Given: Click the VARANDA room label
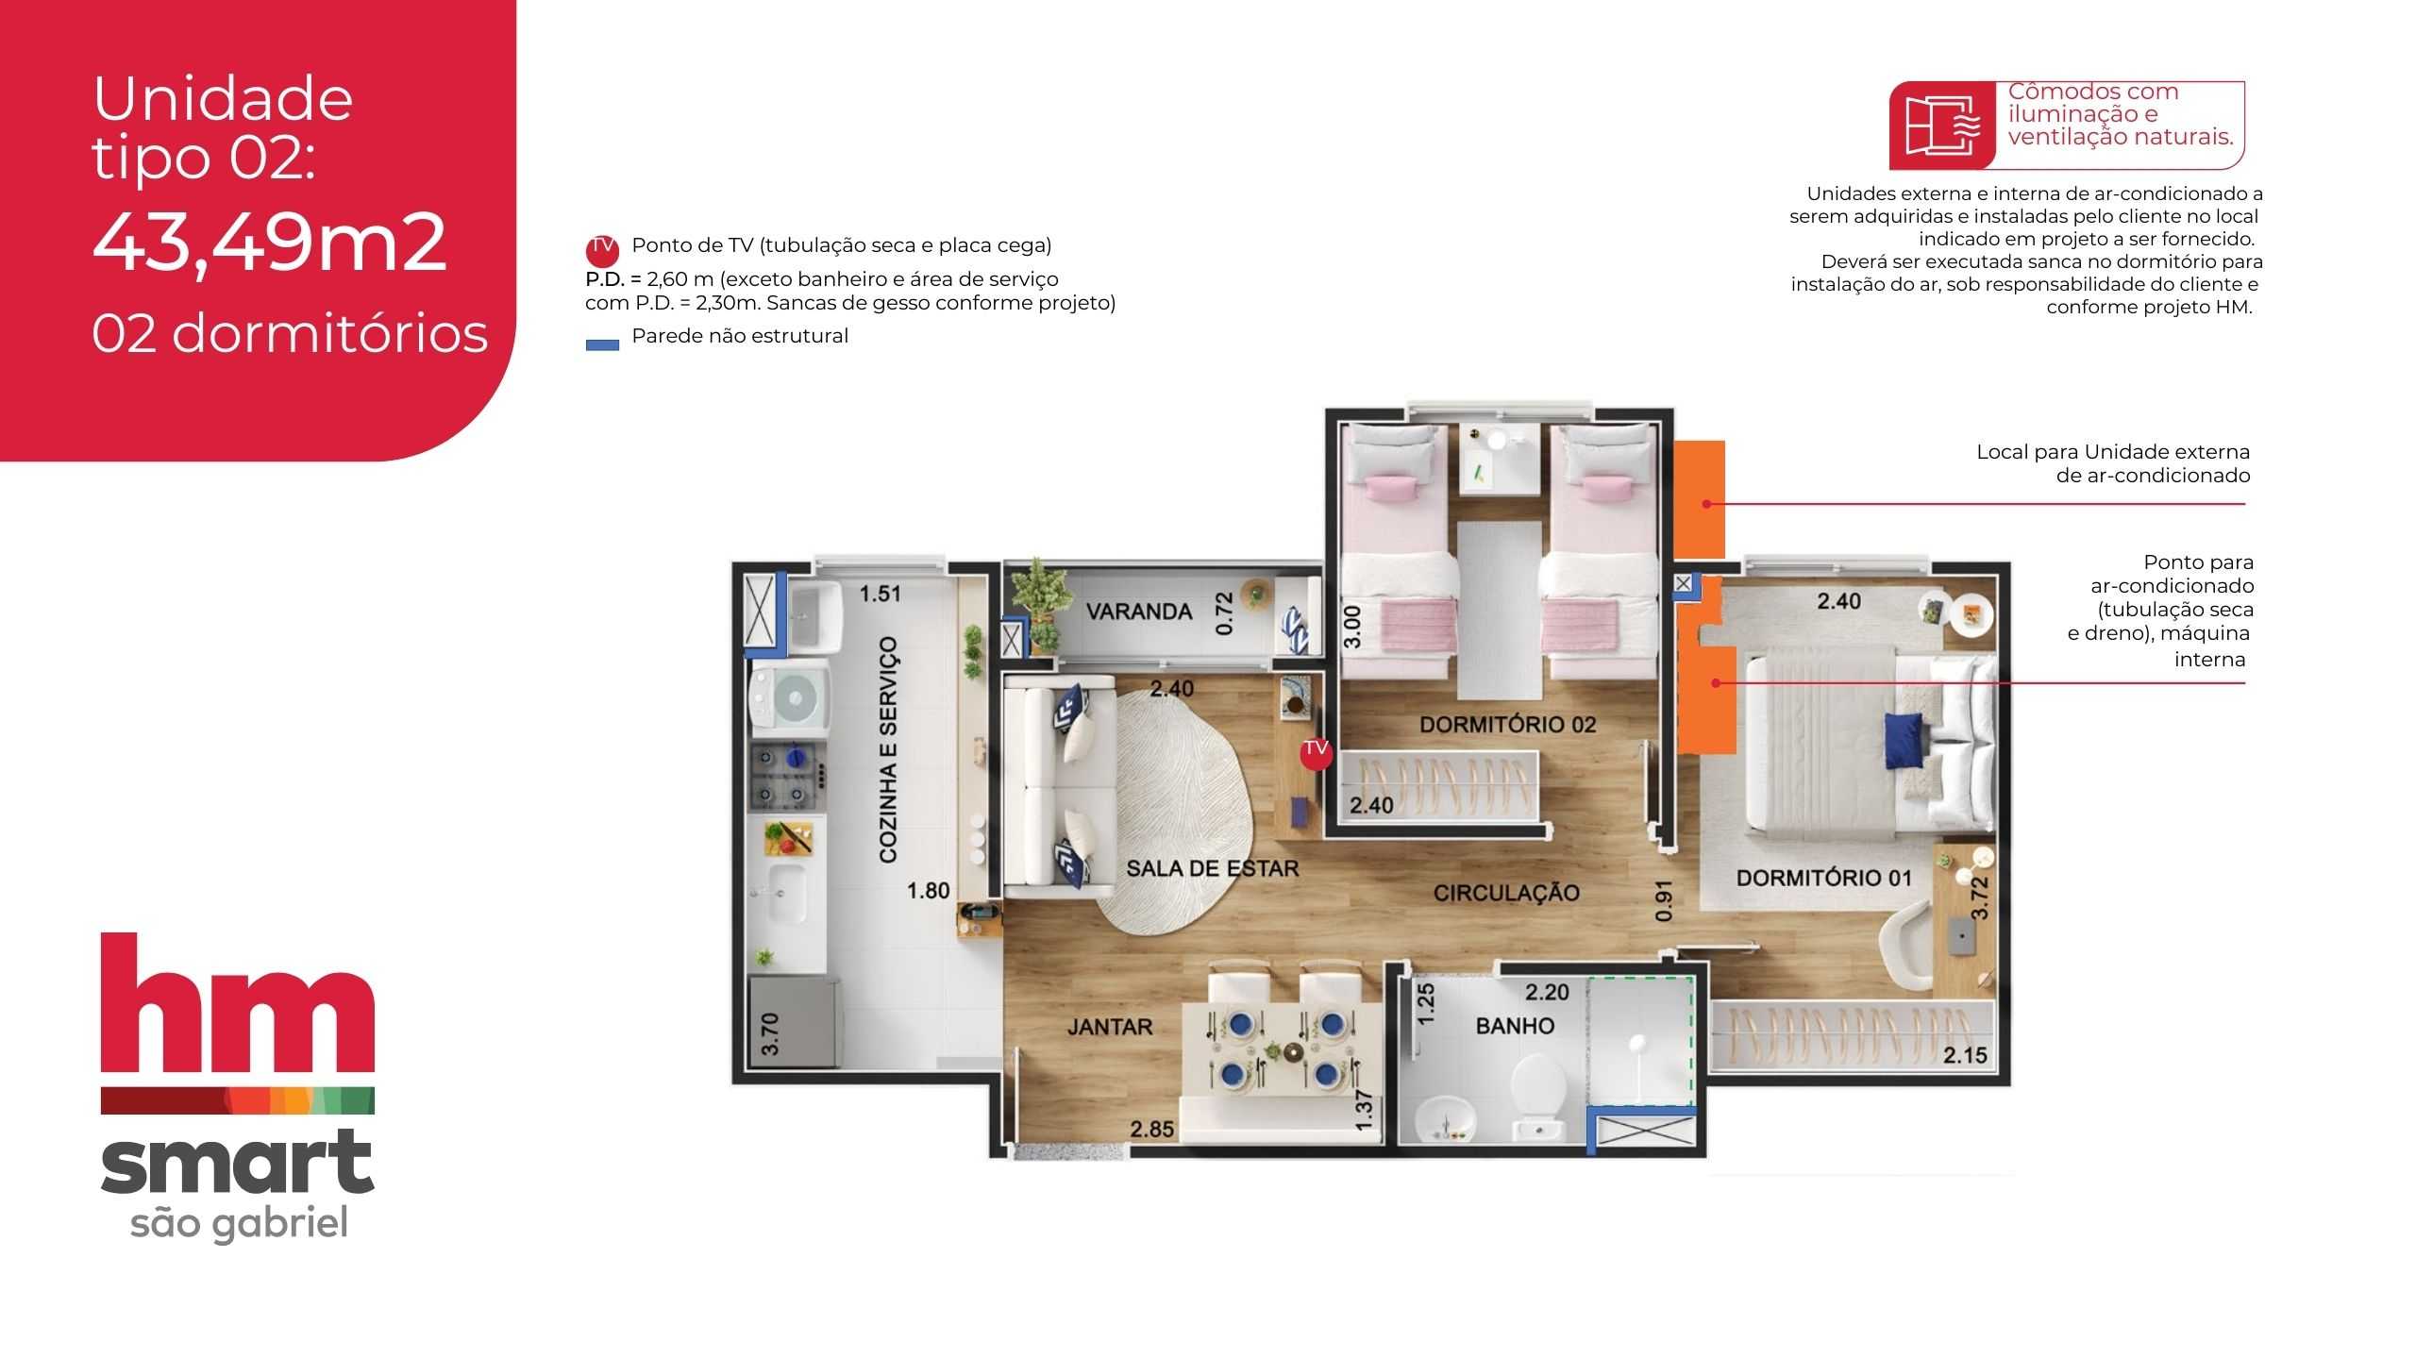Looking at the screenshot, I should pos(1138,612).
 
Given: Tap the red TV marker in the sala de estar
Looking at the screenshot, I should pos(1316,751).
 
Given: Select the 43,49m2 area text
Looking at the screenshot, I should pos(269,243).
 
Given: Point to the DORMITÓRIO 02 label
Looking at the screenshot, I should pos(1507,725).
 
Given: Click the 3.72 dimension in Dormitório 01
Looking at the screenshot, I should pos(1979,898).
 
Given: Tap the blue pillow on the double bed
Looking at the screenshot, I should pos(1903,740).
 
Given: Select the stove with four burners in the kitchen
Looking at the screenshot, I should pos(788,776).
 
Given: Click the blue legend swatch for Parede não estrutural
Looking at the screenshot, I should pos(602,344).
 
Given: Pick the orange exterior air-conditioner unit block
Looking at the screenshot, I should pos(1700,500).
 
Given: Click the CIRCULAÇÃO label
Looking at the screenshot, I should pos(1506,893).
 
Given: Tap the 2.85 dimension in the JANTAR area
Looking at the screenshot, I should pos(1152,1129).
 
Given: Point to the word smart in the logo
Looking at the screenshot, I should pos(238,1163).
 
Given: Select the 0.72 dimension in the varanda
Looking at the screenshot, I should pos(1225,613).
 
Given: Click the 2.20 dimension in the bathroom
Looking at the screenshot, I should pos(1547,992).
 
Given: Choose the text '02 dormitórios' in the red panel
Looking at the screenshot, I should pos(290,334).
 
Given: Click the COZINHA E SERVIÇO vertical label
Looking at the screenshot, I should pos(888,749).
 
